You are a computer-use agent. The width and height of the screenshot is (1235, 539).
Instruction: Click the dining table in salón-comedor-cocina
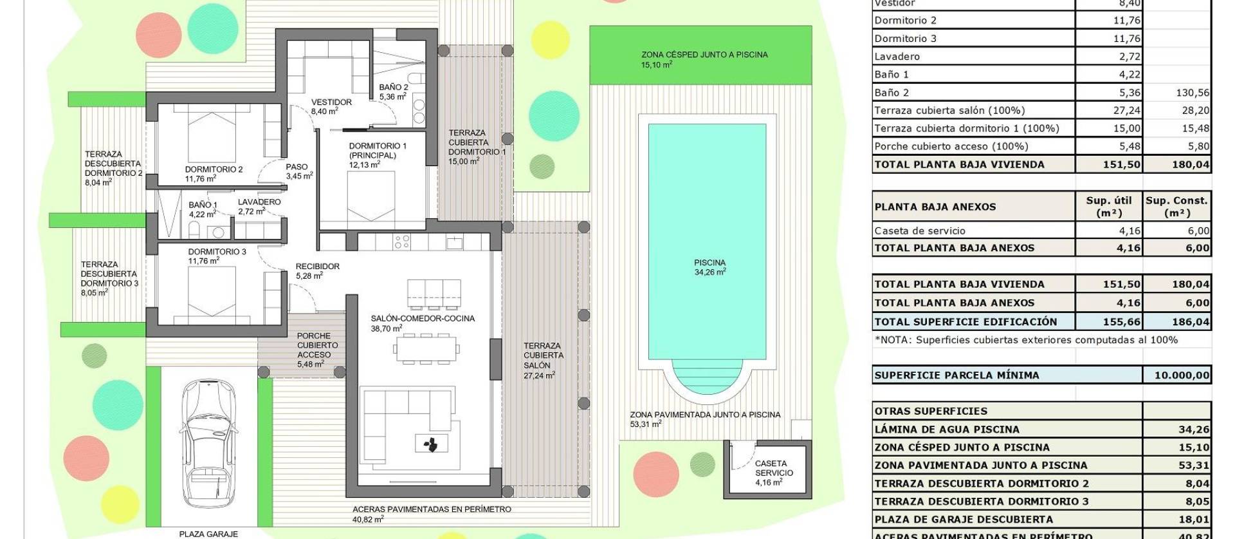pyautogui.click(x=427, y=349)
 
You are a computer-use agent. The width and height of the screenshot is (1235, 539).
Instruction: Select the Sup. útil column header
pyautogui.click(x=1109, y=207)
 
